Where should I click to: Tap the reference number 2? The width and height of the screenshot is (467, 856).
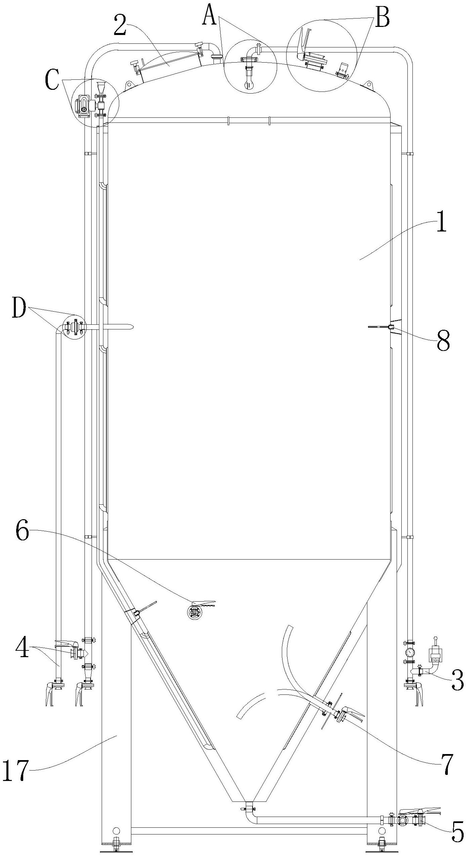pyautogui.click(x=120, y=25)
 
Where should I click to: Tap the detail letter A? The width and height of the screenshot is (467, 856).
pyautogui.click(x=209, y=17)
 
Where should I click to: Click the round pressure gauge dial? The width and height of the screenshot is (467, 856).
pyautogui.click(x=410, y=652)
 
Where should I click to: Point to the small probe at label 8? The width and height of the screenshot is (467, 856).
pyautogui.click(x=391, y=327)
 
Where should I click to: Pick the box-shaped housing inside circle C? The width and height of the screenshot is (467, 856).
pyautogui.click(x=84, y=105)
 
